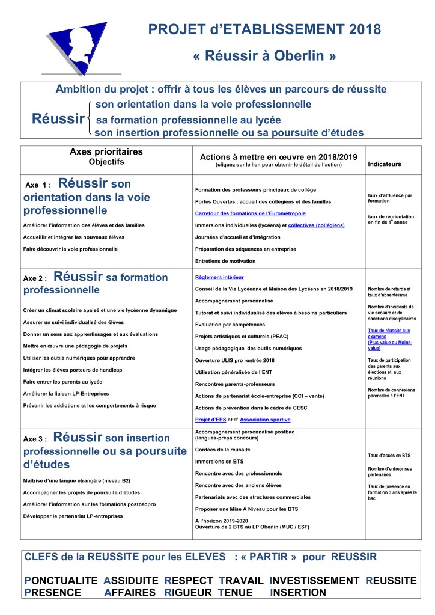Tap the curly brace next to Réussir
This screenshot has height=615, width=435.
click(90, 118)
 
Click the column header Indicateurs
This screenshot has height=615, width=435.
click(384, 164)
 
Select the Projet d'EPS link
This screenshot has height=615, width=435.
click(211, 419)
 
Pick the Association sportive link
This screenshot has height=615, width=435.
click(265, 419)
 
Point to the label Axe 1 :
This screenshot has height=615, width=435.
click(38, 186)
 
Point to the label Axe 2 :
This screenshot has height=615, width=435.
click(35, 279)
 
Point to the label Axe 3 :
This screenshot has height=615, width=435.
click(35, 438)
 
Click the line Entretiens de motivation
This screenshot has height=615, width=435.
click(225, 260)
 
